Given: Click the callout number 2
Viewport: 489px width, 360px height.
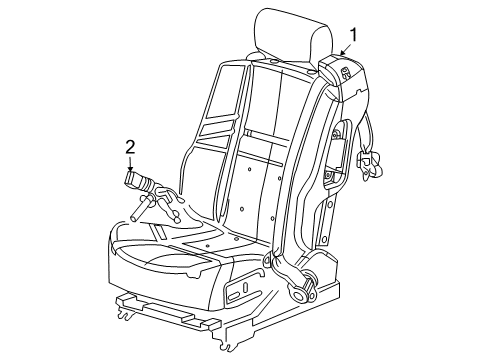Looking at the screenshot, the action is point(130,147).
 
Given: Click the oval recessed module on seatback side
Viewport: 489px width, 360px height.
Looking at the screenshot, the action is point(335,155).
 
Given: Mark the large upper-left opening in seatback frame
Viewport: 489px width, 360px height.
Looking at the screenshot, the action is point(222,100).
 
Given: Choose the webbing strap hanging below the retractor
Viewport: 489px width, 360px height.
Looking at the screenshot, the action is point(360,130).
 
